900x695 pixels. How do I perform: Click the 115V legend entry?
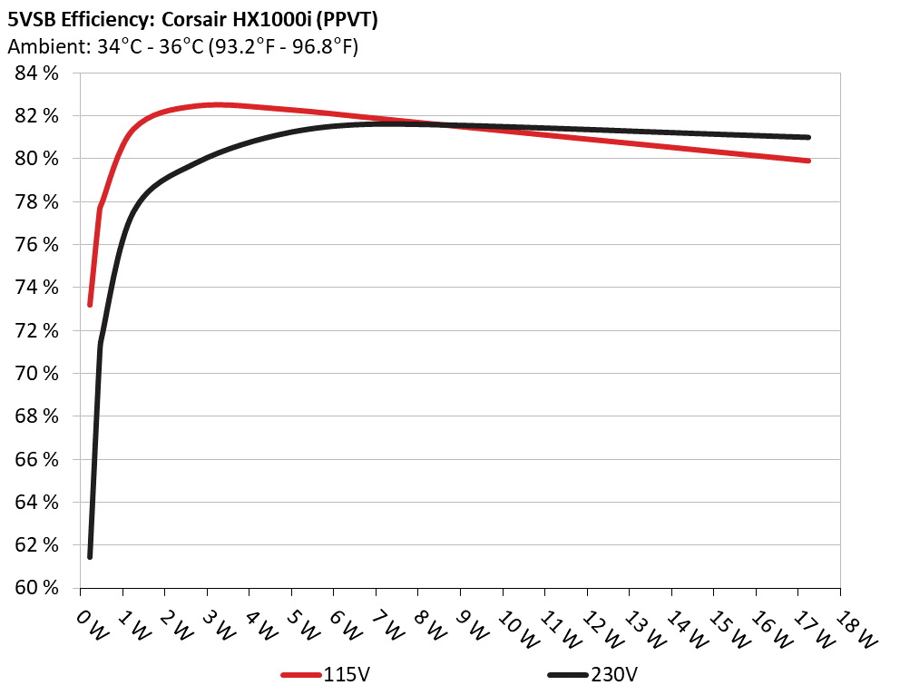tap(343, 675)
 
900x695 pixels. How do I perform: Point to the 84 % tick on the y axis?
tap(37, 73)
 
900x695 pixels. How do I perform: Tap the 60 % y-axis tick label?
tap(37, 588)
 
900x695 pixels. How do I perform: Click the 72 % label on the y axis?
tap(37, 331)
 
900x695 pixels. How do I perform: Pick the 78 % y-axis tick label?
tap(37, 202)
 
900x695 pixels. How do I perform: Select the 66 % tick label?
tap(37, 459)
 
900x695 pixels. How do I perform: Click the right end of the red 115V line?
tap(807, 161)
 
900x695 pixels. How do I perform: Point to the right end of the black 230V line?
tap(807, 137)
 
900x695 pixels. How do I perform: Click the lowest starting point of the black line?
tap(90, 556)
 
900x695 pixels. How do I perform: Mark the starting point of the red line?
tap(90, 304)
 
